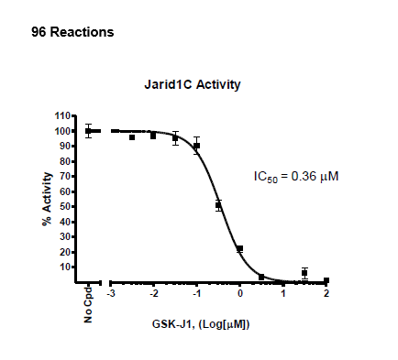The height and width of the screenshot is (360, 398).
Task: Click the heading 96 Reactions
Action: click(73, 33)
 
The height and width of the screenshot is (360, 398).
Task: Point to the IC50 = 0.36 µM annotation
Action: click(295, 175)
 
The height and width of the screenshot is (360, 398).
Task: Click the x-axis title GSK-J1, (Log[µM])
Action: click(203, 324)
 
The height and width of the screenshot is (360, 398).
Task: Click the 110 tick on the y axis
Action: click(62, 116)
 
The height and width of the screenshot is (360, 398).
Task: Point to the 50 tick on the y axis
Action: click(65, 207)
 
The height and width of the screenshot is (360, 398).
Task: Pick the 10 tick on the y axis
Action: click(65, 267)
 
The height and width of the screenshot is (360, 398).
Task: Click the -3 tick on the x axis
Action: click(110, 294)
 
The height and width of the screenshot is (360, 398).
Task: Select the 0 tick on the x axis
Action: click(240, 294)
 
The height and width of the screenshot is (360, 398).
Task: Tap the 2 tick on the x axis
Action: click(326, 294)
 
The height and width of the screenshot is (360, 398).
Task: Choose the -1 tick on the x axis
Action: click(196, 294)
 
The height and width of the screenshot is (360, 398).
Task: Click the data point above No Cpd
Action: click(89, 131)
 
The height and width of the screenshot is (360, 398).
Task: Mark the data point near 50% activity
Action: click(218, 205)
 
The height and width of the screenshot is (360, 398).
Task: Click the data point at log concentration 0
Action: click(240, 249)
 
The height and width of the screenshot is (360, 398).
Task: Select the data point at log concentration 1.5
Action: click(304, 272)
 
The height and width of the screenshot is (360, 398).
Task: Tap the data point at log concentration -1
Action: click(196, 146)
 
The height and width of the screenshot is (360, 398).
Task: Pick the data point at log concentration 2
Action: click(326, 280)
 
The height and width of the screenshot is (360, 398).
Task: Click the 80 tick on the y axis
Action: click(65, 161)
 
